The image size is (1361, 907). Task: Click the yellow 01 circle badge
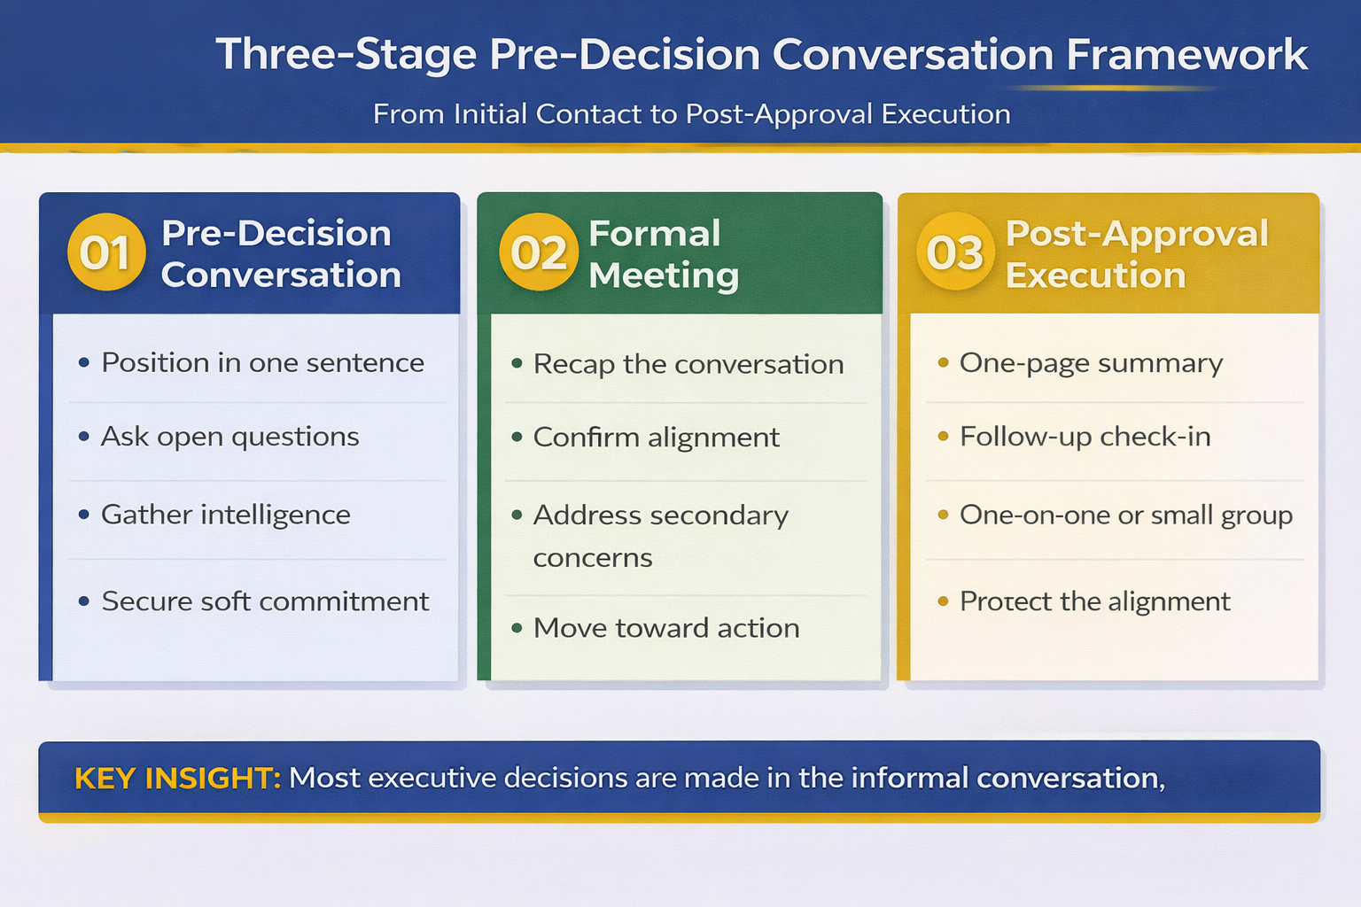(x=106, y=253)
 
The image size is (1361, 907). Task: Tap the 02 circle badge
(x=538, y=253)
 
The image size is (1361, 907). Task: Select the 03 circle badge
(x=955, y=253)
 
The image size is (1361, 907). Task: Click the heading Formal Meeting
(x=663, y=254)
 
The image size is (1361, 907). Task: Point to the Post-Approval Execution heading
(x=1136, y=254)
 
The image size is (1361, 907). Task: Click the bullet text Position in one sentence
(x=262, y=363)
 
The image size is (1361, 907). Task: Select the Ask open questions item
(x=229, y=437)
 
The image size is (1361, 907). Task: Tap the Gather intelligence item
(x=225, y=515)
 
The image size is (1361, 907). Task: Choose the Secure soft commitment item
(x=265, y=601)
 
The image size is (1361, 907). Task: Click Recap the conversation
(x=688, y=364)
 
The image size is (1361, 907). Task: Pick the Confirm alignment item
(x=656, y=438)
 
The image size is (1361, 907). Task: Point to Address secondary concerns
(x=660, y=536)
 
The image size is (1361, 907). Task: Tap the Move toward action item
(x=665, y=628)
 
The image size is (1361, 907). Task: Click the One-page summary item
(x=1091, y=363)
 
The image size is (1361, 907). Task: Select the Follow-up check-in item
(x=1085, y=437)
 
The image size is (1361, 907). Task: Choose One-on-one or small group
(x=1125, y=515)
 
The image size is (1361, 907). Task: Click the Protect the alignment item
(x=1094, y=601)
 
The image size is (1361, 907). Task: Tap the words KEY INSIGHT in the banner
(x=177, y=779)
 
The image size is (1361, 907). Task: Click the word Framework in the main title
(x=1186, y=55)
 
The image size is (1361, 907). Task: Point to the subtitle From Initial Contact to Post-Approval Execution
(x=691, y=114)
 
